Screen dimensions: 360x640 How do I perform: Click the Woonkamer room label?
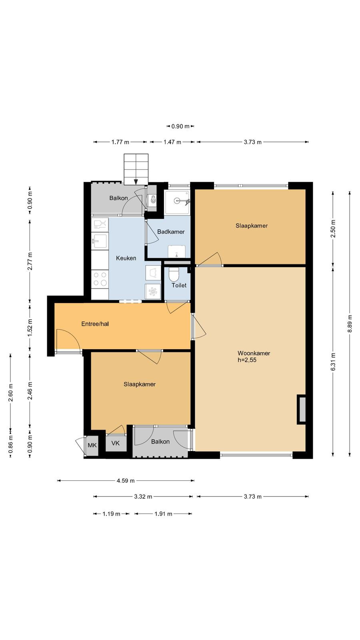pyautogui.click(x=254, y=353)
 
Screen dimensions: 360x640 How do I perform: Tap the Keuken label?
pyautogui.click(x=126, y=258)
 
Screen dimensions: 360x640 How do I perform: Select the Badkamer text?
pyautogui.click(x=171, y=232)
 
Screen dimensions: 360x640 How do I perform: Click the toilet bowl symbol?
pyautogui.click(x=174, y=274)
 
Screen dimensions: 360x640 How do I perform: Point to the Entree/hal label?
pyautogui.click(x=95, y=324)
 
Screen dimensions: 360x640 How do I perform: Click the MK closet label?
pyautogui.click(x=92, y=445)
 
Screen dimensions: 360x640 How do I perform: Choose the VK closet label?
pyautogui.click(x=116, y=443)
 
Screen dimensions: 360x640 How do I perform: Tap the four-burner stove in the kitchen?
pyautogui.click(x=100, y=279)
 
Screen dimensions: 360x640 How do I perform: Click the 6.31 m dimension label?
pyautogui.click(x=333, y=362)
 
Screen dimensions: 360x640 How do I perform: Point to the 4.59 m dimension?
pyautogui.click(x=126, y=480)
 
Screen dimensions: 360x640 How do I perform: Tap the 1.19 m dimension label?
pyautogui.click(x=111, y=514)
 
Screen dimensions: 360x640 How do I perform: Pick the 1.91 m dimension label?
pyautogui.click(x=163, y=514)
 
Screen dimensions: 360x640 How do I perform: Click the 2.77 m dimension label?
pyautogui.click(x=30, y=261)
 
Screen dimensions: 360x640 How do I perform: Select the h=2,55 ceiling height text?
pyautogui.click(x=247, y=360)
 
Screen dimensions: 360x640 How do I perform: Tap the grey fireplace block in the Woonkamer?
pyautogui.click(x=302, y=410)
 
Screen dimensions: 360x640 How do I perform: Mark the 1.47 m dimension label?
pyautogui.click(x=172, y=142)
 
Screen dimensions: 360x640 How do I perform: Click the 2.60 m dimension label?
pyautogui.click(x=10, y=392)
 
